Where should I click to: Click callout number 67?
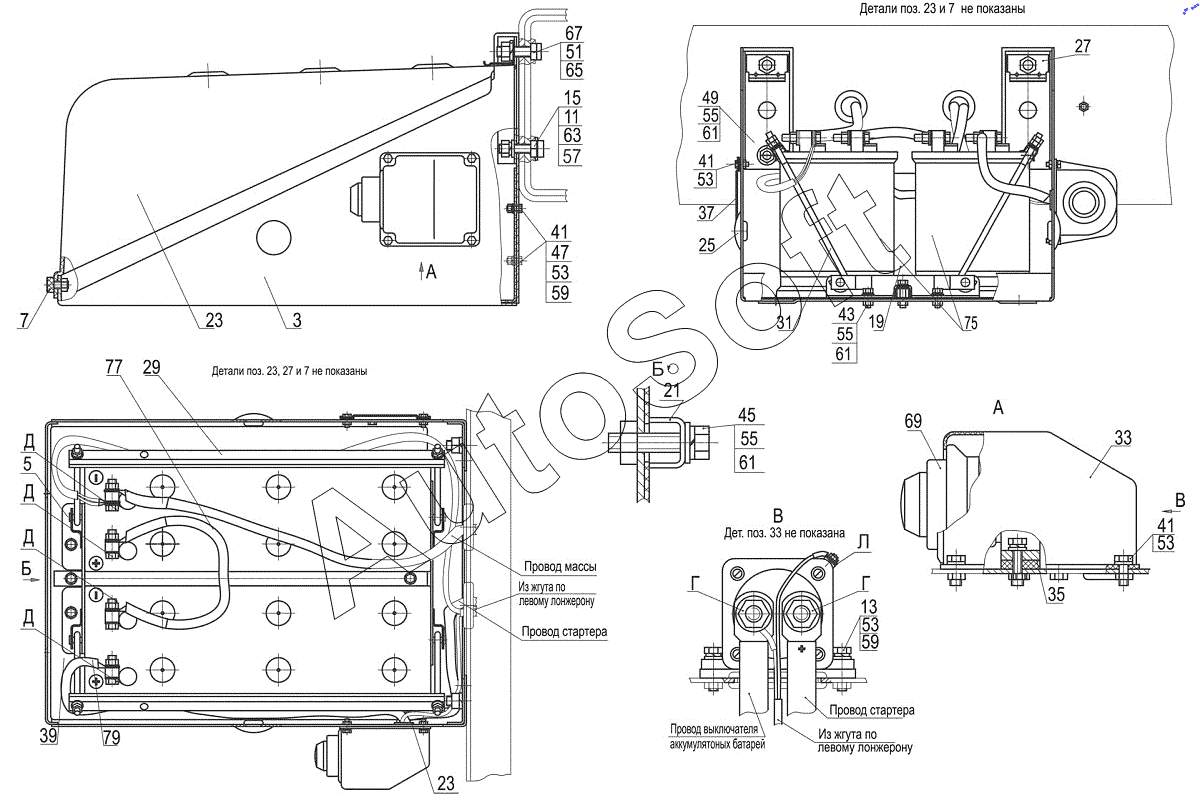[573, 33]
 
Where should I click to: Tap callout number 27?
[1082, 46]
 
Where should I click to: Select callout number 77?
[114, 367]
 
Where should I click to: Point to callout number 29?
[152, 367]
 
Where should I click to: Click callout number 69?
[913, 421]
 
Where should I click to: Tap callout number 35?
[1056, 594]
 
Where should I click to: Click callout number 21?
[672, 391]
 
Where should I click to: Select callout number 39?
[48, 736]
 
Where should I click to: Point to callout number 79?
[111, 738]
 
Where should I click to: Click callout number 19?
[876, 322]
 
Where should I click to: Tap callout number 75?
[970, 323]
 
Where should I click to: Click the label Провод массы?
[560, 566]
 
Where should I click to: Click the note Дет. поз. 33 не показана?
[784, 533]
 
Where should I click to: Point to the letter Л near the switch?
[864, 543]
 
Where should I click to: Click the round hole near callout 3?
[274, 237]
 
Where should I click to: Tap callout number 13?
[869, 607]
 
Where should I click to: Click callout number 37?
[706, 213]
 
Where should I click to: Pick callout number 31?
[784, 322]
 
